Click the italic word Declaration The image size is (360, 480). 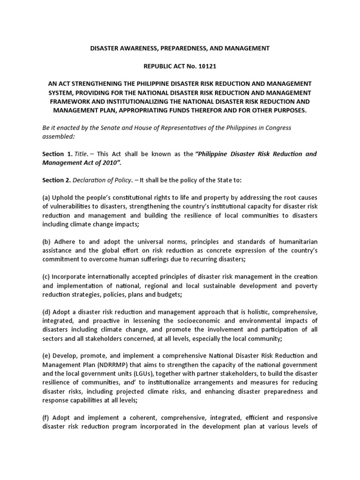(x=98, y=180)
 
